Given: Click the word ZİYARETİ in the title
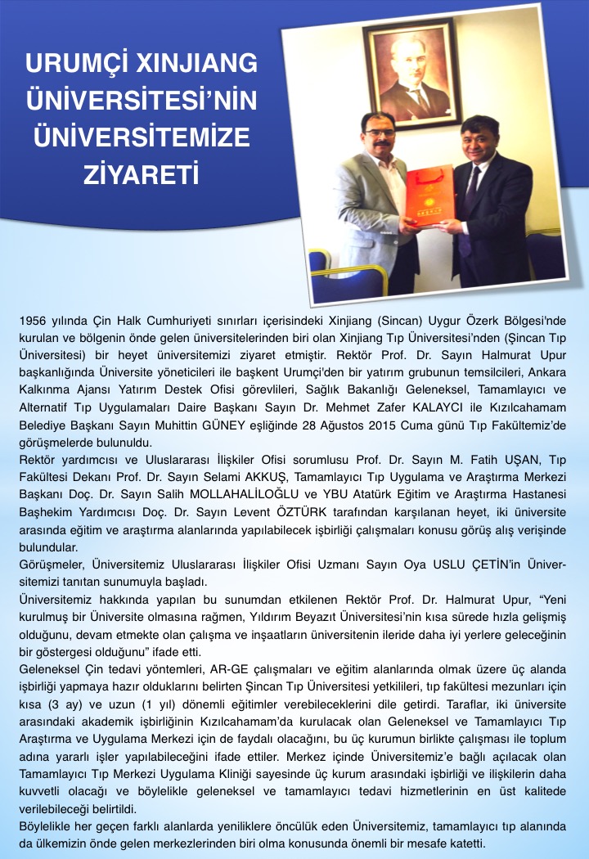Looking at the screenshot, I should point(141,174).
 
